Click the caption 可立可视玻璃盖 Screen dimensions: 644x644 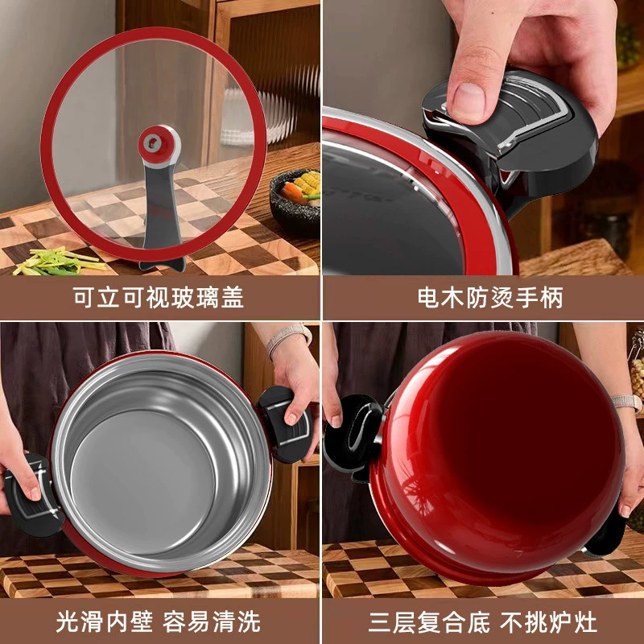158,296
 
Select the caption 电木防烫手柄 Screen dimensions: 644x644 490,296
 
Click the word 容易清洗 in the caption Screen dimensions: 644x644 212,621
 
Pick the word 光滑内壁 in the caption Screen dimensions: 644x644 105,621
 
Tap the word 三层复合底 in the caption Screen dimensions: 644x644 429,622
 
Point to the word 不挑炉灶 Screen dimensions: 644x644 548,622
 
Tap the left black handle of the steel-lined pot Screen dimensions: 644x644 32,495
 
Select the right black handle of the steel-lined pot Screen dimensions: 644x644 285,424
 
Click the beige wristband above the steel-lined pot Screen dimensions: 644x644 288,338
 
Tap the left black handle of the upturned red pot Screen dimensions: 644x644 353,436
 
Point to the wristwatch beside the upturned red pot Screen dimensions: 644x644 627,403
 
